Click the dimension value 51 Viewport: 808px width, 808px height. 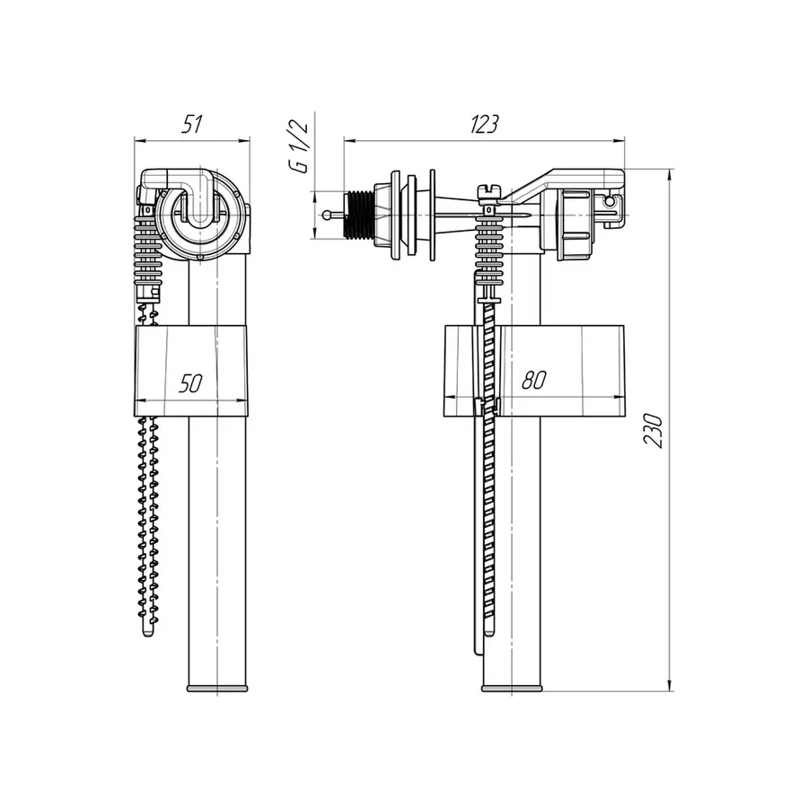190,125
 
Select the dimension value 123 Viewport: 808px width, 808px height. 484,125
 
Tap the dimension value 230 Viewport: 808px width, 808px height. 656,431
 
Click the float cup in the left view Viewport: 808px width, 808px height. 190,370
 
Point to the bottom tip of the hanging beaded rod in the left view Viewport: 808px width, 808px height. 148,635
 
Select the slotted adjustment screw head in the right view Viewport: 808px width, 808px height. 489,189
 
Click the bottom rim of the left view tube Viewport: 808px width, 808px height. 218,689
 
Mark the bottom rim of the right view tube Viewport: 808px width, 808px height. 512,689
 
